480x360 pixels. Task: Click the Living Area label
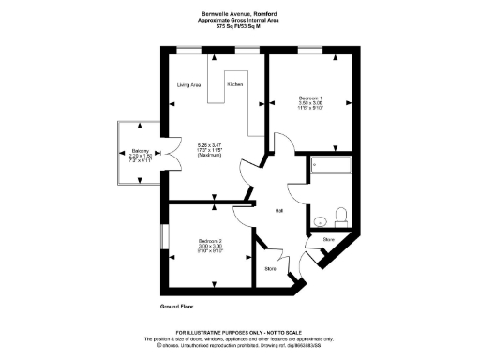pyautogui.click(x=189, y=85)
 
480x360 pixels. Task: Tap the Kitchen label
pyautogui.click(x=234, y=85)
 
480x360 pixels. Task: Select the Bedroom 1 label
pyautogui.click(x=310, y=97)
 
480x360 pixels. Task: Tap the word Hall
pyautogui.click(x=279, y=210)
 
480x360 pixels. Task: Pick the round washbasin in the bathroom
pyautogui.click(x=320, y=220)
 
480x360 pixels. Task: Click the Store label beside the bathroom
pyautogui.click(x=328, y=240)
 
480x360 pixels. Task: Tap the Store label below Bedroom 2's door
pyautogui.click(x=270, y=269)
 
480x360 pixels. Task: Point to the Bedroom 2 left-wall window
pyautogui.click(x=163, y=236)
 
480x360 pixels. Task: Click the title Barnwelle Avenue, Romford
pyautogui.click(x=240, y=13)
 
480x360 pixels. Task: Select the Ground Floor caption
pyautogui.click(x=175, y=307)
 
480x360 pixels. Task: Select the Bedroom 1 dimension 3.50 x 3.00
pyautogui.click(x=310, y=103)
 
